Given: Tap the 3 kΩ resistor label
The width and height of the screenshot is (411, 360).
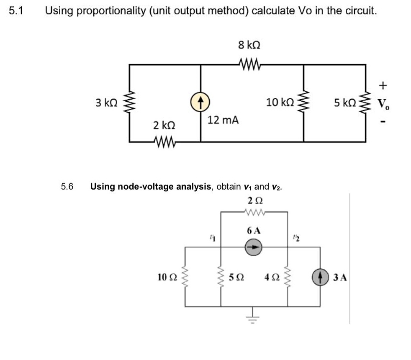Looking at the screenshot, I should pyautogui.click(x=106, y=102).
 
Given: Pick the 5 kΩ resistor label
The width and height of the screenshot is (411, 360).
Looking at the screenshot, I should pyautogui.click(x=345, y=102).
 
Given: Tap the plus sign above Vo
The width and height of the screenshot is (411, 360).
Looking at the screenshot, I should pyautogui.click(x=383, y=86).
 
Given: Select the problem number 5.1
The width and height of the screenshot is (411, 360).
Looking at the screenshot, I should pyautogui.click(x=16, y=11).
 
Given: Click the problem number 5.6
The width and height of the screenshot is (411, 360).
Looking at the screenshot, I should pyautogui.click(x=67, y=186).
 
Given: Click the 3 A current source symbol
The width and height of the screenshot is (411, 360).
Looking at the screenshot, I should pyautogui.click(x=321, y=277).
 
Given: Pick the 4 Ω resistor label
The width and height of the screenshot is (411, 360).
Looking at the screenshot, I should pyautogui.click(x=271, y=277).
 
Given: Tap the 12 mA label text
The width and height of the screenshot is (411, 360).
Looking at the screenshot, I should pyautogui.click(x=223, y=121).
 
